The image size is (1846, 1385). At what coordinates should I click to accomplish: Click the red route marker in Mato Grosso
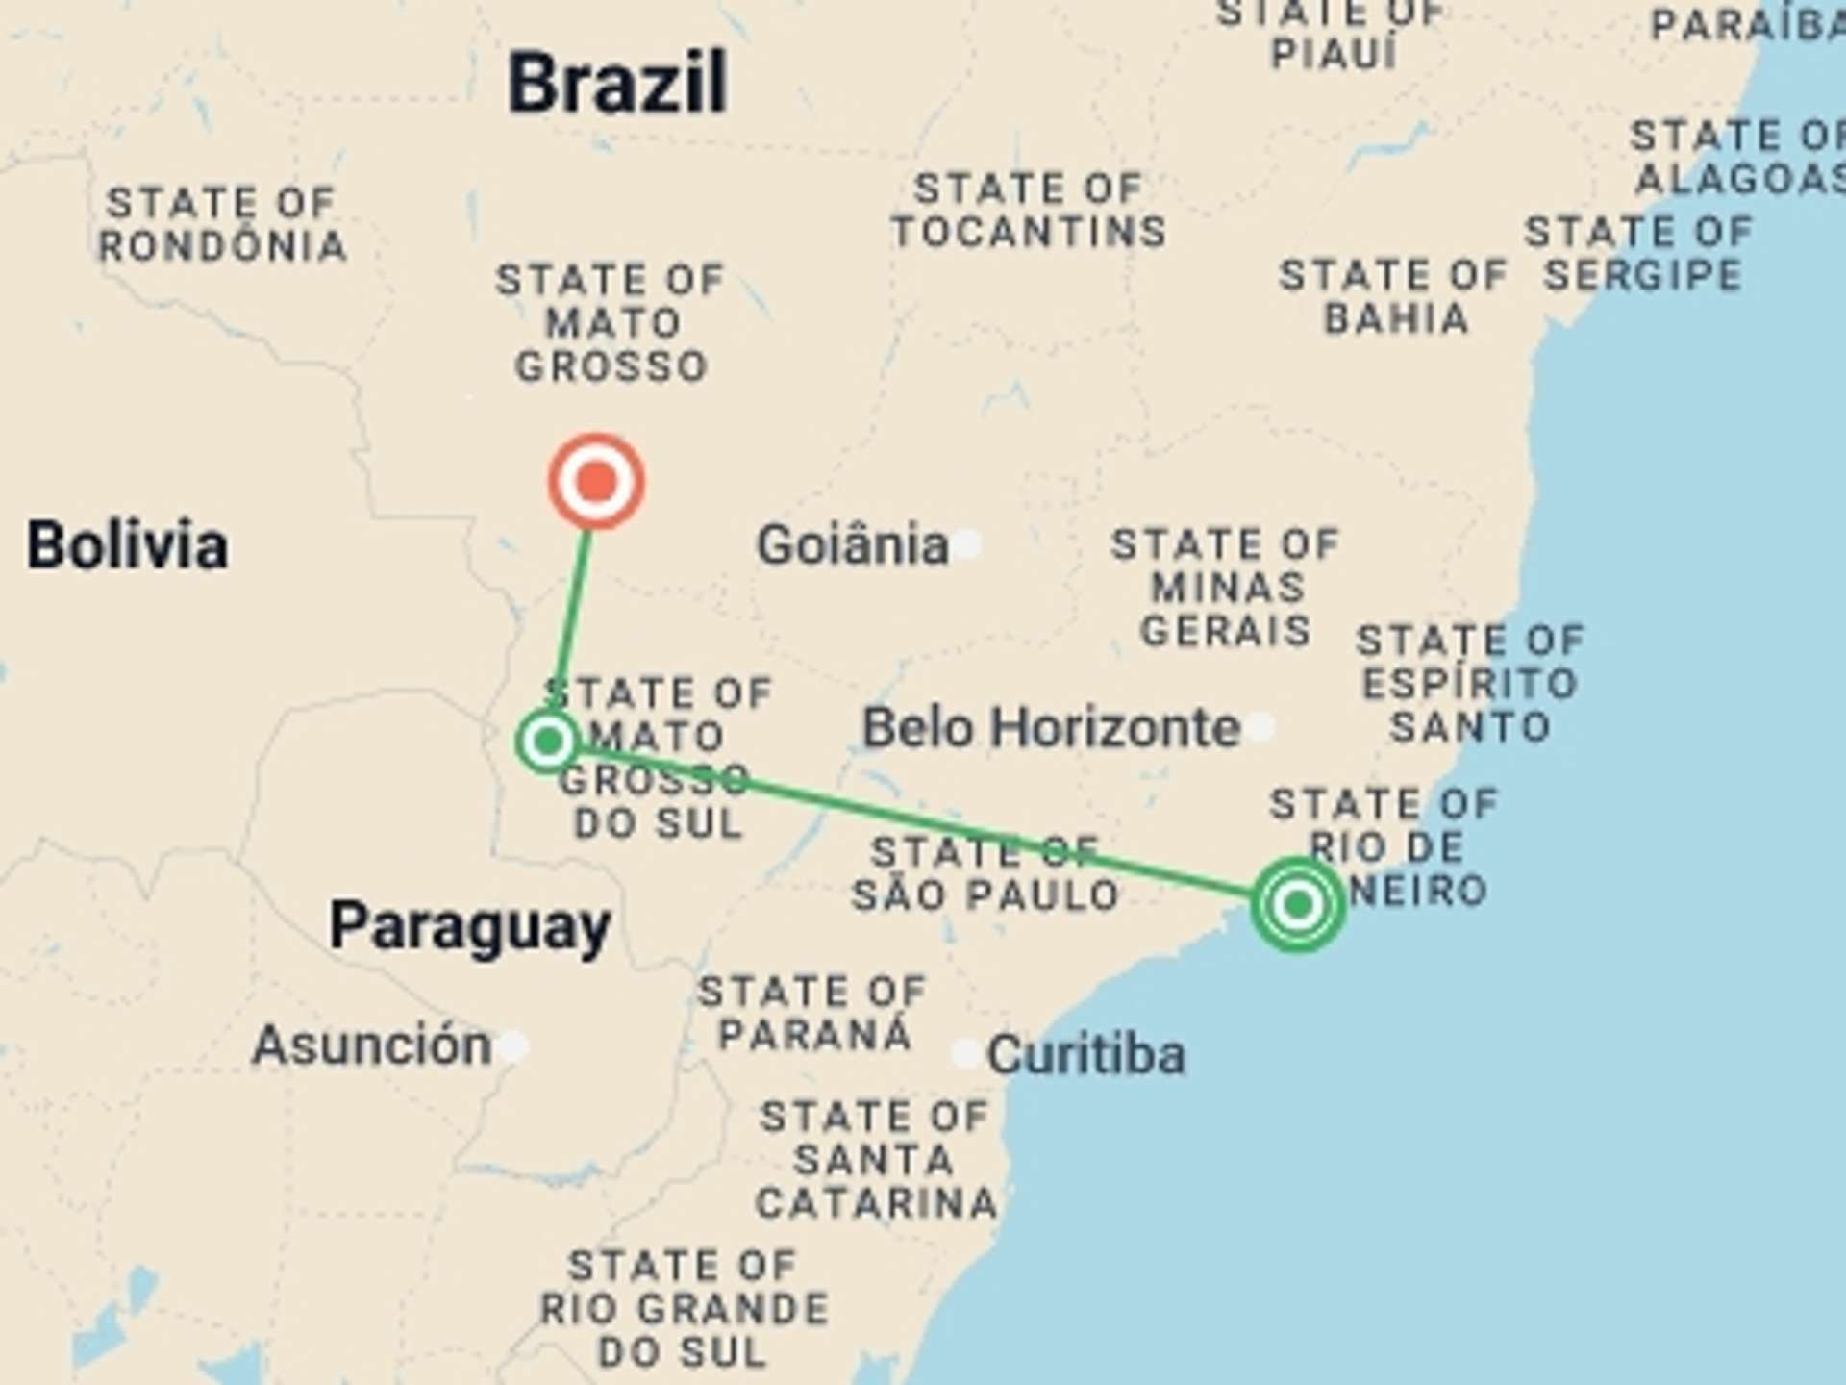596,481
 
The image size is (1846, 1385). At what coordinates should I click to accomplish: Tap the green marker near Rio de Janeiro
1298,904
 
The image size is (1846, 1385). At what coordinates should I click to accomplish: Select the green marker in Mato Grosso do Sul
548,742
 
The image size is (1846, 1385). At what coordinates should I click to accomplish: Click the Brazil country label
616,84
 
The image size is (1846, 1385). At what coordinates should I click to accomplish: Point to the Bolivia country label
127,545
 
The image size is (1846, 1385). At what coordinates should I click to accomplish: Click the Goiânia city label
852,545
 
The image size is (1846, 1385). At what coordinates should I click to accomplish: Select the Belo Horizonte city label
1051,728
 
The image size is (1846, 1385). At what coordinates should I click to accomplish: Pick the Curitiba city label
1085,1055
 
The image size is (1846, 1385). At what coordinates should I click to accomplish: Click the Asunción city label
371,1045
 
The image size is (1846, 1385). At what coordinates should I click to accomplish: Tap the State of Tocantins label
1029,211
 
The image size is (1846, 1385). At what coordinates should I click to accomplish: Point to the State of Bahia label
1394,297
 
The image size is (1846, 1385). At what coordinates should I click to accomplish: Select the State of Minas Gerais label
1226,588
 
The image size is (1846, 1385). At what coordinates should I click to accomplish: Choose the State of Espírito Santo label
1470,684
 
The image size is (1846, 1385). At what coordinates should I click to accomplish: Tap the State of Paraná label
813,1013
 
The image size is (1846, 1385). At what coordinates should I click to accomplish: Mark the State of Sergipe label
1641,254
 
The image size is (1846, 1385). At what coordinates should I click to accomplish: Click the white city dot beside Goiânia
968,544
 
